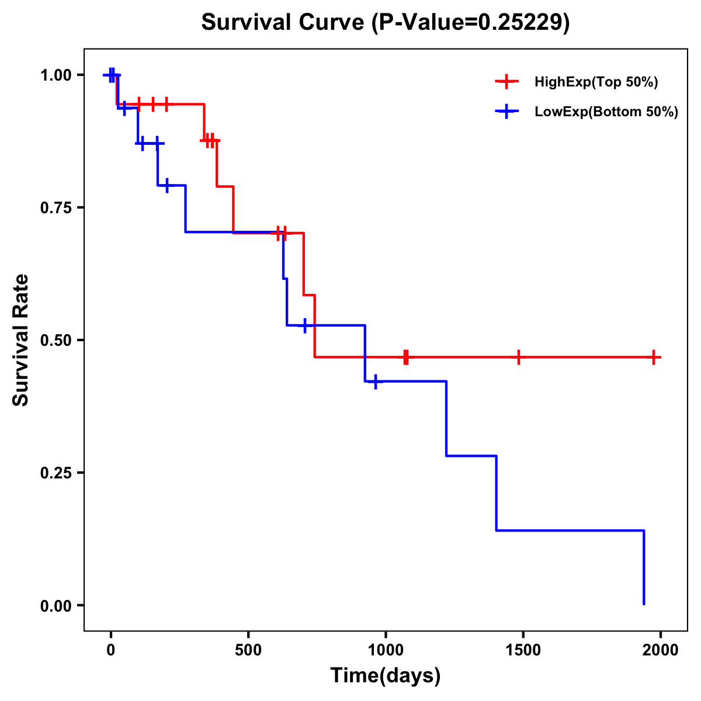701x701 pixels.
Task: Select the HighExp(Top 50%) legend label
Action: tap(596, 82)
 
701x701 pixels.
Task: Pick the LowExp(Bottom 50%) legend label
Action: tap(606, 112)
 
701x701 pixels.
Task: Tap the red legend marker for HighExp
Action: tap(506, 82)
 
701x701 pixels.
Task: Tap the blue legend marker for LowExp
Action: tap(506, 112)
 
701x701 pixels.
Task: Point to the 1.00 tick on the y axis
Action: tap(55, 75)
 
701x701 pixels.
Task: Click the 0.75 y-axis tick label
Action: tap(55, 208)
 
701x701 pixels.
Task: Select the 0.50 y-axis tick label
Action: tap(55, 341)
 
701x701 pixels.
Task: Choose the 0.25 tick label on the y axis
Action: tap(55, 473)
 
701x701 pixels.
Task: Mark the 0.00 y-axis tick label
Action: tap(55, 606)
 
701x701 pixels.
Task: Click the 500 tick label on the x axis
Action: tap(248, 650)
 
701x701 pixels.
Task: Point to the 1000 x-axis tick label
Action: tap(386, 650)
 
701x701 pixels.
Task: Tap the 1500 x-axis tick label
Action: tap(523, 650)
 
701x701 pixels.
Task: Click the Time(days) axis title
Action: tap(386, 676)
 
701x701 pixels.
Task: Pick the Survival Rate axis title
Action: tap(22, 340)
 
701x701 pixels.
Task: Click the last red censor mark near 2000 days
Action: tap(654, 357)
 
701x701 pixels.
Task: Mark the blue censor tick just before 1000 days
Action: tap(375, 381)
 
